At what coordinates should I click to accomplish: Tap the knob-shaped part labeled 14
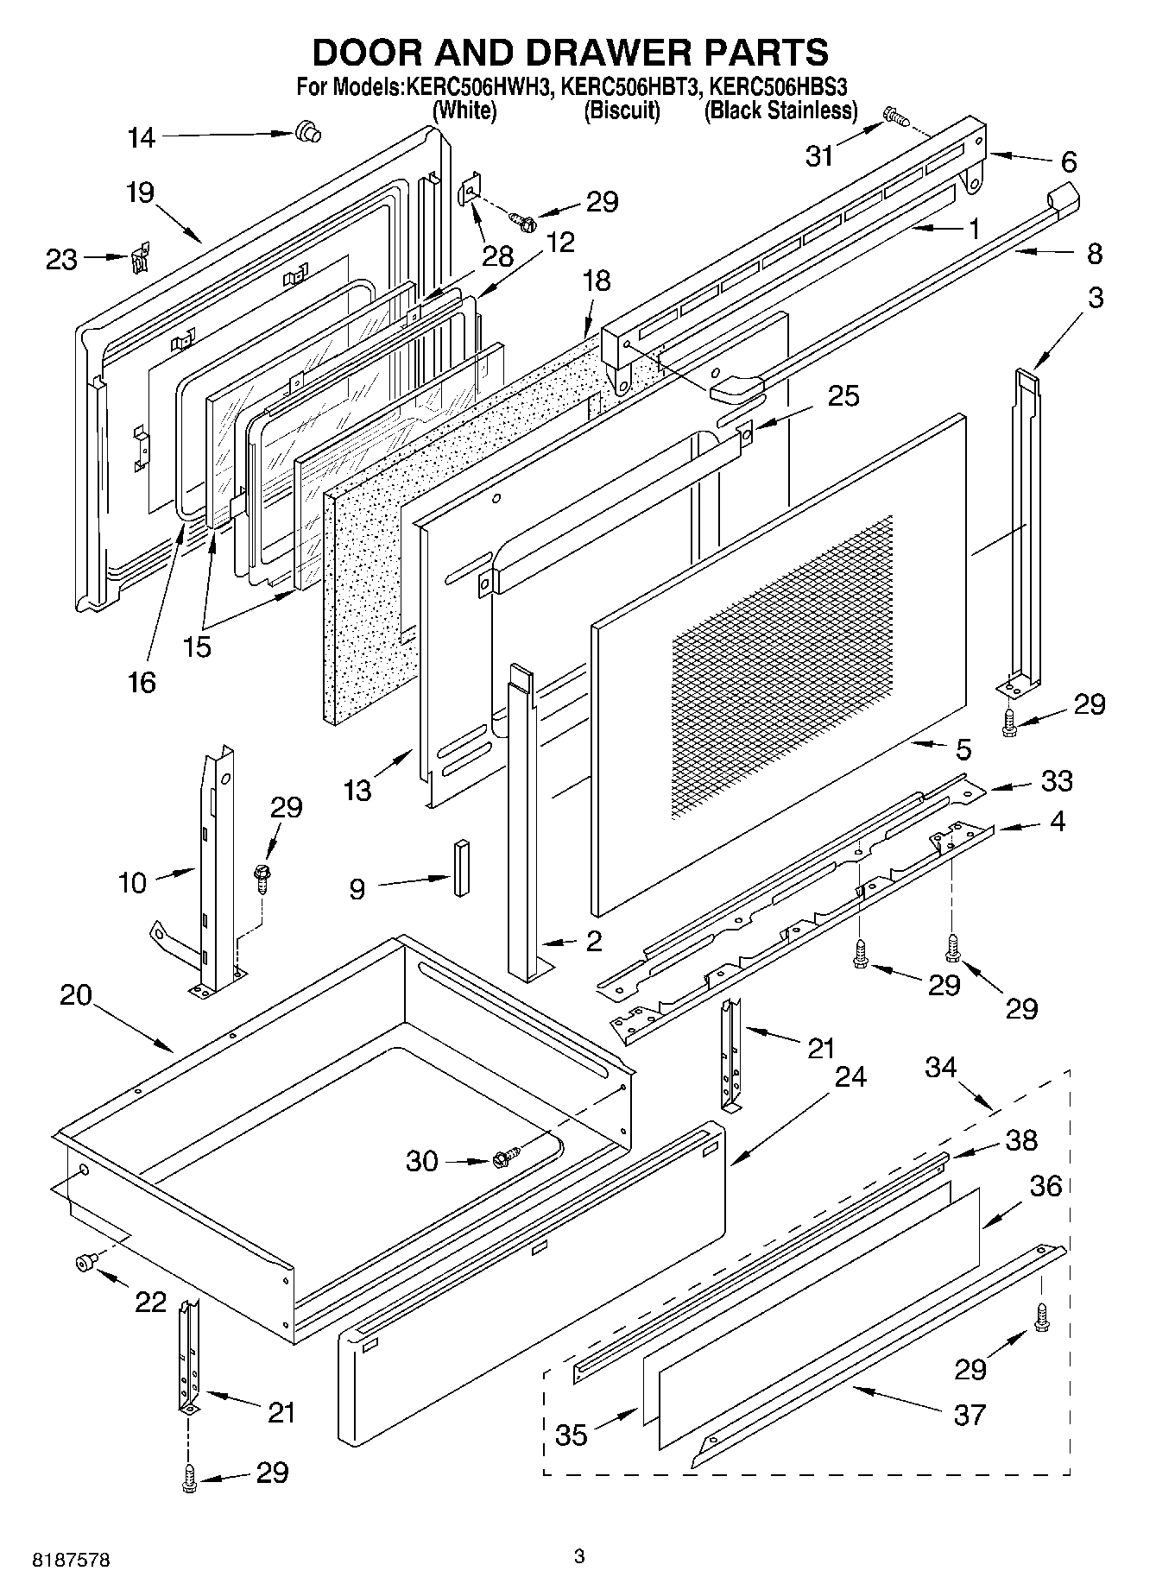click(305, 131)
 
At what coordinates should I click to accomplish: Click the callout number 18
click(596, 281)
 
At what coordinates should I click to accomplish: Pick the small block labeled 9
click(461, 867)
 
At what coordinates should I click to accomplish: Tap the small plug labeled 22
click(84, 1263)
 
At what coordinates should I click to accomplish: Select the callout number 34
click(940, 1067)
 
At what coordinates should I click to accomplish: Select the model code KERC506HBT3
click(631, 86)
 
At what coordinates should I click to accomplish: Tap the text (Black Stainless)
click(780, 110)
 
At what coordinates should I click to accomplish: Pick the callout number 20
click(76, 994)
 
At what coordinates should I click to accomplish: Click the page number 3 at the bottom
click(579, 1556)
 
